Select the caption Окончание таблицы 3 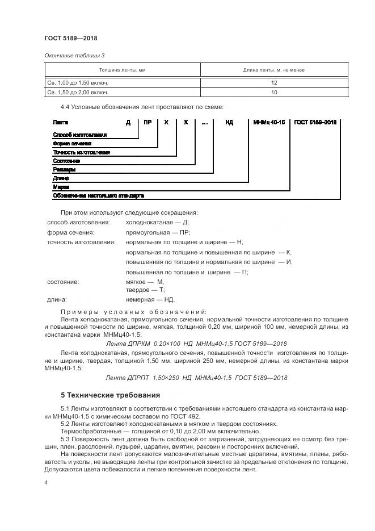[75, 55]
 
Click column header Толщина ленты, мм [123, 70]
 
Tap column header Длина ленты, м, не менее [273, 70]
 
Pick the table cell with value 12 [273, 82]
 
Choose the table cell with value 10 [273, 91]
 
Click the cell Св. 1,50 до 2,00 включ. [78, 91]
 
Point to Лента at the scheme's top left [60, 122]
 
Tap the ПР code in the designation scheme [148, 122]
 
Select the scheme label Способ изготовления [79, 135]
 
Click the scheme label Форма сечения [71, 144]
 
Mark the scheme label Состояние [66, 161]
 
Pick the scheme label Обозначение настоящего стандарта [98, 195]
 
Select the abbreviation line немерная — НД [150, 299]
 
